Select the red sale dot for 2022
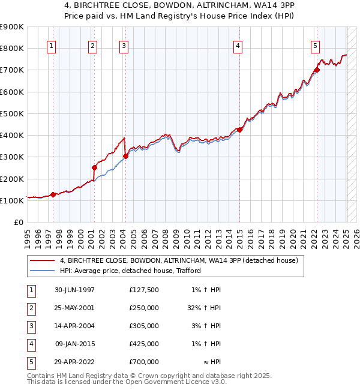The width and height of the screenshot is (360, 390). tap(317, 70)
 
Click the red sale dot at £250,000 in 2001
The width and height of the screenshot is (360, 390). tap(94, 167)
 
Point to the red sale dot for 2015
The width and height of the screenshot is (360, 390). tap(239, 130)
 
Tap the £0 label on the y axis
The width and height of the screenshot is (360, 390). tap(19, 223)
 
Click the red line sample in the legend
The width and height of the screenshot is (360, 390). tap(42, 260)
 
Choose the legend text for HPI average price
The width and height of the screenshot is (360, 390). tap(130, 271)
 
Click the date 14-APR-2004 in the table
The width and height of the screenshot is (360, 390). tap(74, 326)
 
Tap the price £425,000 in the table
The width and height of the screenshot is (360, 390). tap(144, 344)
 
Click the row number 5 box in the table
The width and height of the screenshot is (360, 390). tap(30, 362)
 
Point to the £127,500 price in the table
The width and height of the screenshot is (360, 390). tap(144, 290)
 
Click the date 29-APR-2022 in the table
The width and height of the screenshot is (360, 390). tap(74, 362)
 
